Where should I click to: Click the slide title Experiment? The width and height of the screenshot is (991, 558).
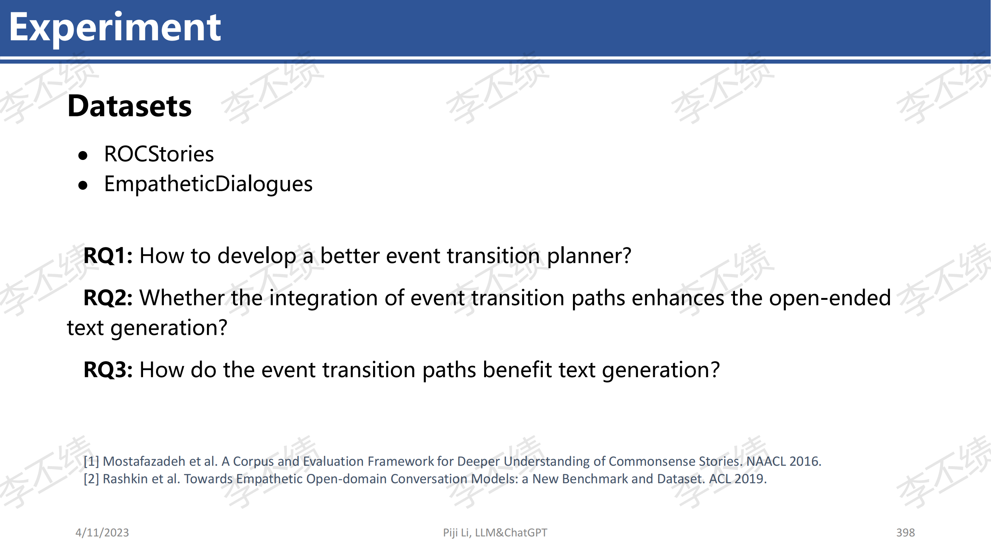115,28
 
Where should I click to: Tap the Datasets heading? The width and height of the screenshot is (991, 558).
129,106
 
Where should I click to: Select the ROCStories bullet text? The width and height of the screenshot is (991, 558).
159,154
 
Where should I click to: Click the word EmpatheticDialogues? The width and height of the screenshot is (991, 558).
208,184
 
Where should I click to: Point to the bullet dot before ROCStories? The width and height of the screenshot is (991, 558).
83,155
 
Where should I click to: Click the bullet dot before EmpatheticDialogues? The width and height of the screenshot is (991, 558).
83,186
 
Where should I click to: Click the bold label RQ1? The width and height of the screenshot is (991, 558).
108,256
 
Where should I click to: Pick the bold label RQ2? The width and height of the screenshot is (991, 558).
108,298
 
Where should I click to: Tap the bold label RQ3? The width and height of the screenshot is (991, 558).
108,370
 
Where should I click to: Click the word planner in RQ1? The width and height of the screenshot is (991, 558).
589,256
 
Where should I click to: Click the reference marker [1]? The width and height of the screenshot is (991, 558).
91,461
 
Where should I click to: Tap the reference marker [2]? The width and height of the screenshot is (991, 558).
91,479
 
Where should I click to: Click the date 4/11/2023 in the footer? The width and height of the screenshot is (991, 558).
102,533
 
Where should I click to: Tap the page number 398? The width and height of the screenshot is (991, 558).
906,533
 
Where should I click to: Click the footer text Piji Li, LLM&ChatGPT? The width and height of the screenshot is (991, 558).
495,533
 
